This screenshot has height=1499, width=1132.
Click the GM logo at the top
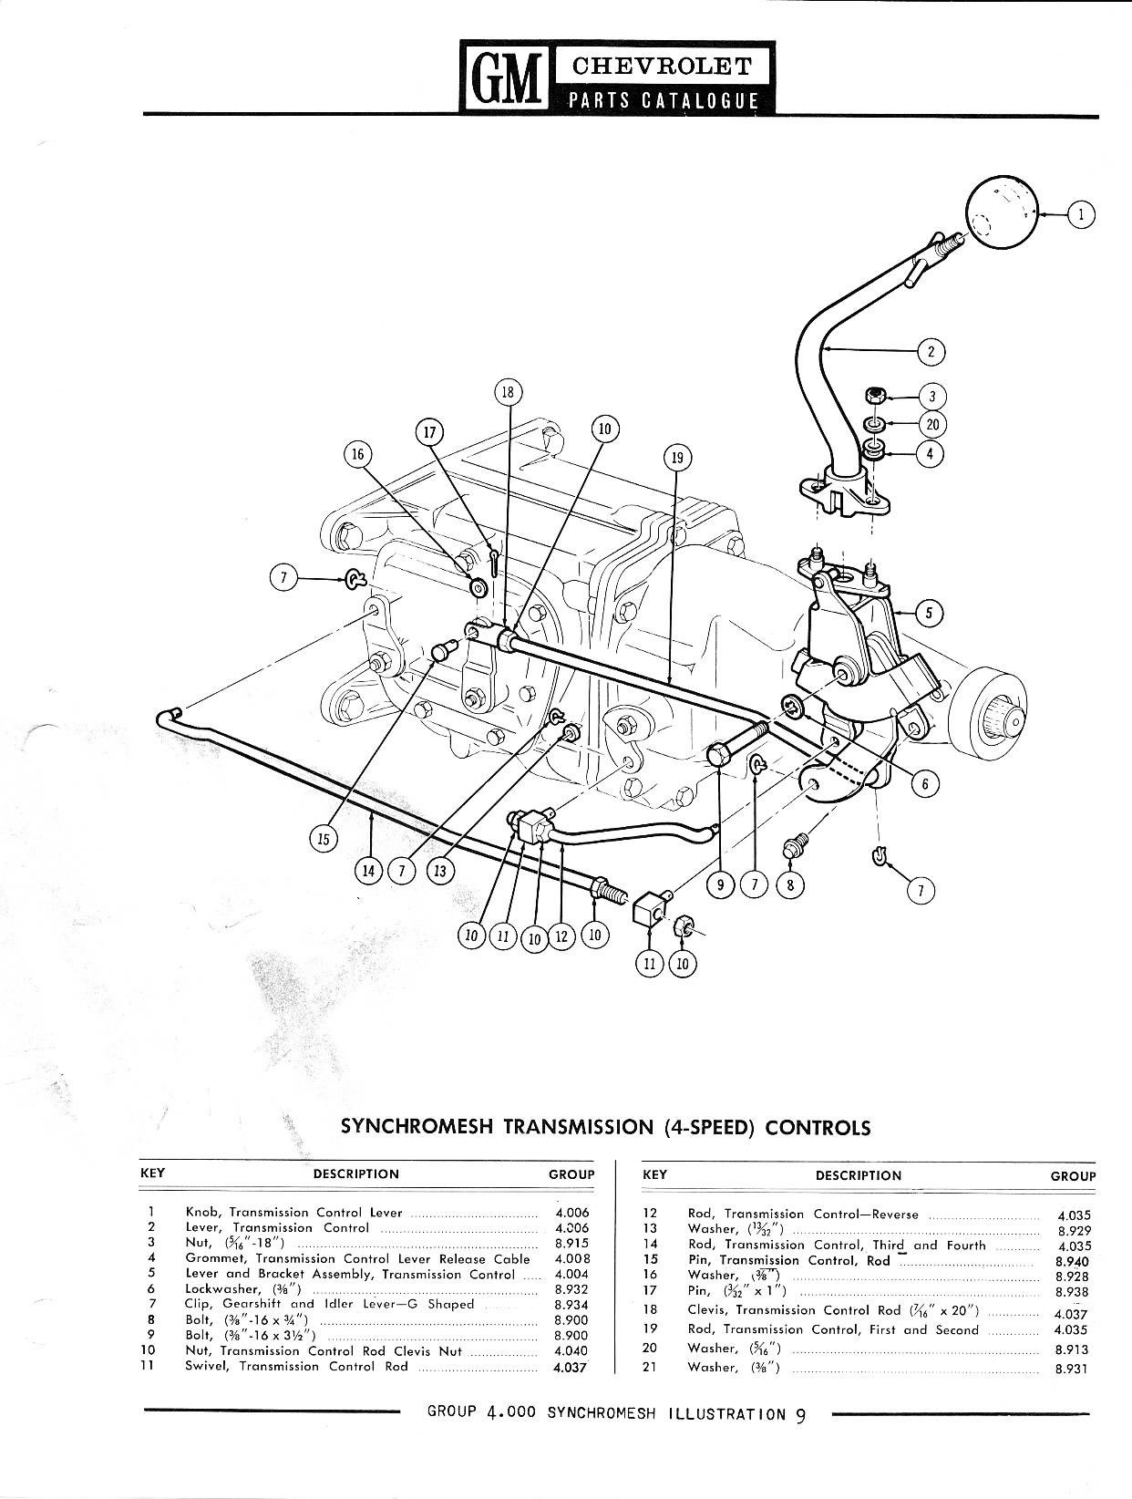(506, 76)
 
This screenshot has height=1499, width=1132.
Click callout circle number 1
(1081, 214)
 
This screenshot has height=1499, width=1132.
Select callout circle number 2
(931, 352)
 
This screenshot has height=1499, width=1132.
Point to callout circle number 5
(929, 614)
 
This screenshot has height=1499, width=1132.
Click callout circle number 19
(677, 458)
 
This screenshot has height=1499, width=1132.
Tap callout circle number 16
(358, 455)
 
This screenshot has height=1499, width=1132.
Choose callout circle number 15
(324, 839)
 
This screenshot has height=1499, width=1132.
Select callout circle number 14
(368, 872)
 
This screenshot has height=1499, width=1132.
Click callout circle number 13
(440, 872)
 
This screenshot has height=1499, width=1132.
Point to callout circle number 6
(924, 783)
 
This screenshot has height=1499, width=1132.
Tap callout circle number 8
(790, 885)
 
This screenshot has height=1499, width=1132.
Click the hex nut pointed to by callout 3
(873, 395)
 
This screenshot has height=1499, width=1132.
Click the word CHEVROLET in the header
(661, 67)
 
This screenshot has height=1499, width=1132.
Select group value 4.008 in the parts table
(571, 1258)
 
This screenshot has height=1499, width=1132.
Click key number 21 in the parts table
(650, 1367)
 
